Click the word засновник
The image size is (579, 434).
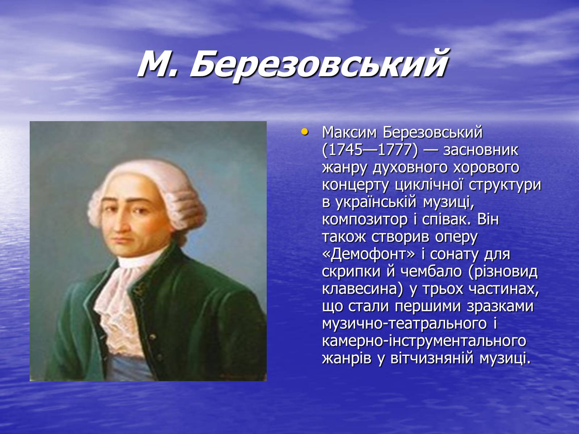(x=481, y=150)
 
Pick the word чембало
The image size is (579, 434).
(x=431, y=271)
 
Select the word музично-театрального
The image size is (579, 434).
(x=404, y=324)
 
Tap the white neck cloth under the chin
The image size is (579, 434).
(x=137, y=260)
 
